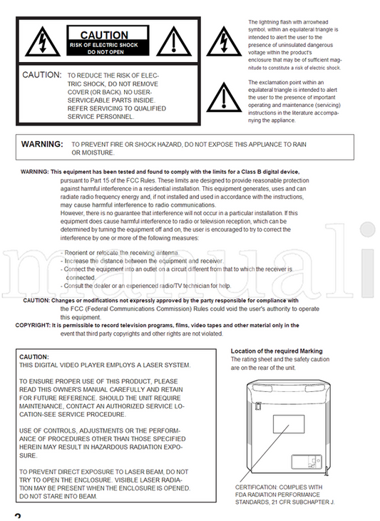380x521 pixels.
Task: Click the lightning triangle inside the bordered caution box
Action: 43,42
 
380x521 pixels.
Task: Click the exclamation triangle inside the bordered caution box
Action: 174,42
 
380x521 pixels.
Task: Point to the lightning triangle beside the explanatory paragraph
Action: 224,42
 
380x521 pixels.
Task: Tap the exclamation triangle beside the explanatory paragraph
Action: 224,98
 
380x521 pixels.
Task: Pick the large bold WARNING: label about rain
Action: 42,144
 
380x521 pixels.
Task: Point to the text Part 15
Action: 108,180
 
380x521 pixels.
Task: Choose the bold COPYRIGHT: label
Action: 33,325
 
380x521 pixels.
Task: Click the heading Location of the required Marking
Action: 277,351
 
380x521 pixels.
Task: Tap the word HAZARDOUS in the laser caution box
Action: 111,448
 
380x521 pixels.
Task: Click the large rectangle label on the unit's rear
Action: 289,424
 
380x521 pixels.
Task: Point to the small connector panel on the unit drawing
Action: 307,462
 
